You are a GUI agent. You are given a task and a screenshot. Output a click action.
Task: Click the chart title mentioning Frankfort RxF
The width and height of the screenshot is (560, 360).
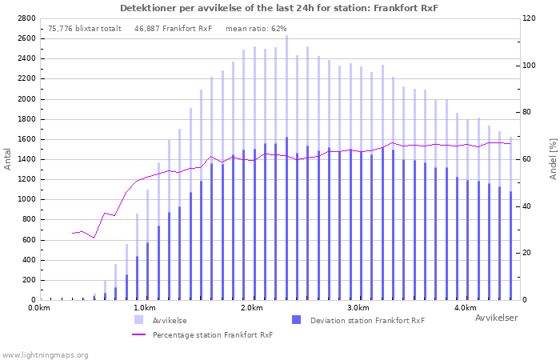pos(279,8)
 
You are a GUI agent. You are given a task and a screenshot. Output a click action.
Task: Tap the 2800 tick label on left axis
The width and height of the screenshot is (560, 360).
pos(26,18)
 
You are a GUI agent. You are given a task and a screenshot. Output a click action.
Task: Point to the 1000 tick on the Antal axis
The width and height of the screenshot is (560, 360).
pos(26,200)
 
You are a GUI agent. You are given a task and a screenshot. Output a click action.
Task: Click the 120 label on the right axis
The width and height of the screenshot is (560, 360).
pos(529,18)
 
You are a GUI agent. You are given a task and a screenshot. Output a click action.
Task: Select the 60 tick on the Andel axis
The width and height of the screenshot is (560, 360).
pos(526,159)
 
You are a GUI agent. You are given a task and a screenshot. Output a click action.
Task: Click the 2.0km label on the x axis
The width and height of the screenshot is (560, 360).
pos(252,308)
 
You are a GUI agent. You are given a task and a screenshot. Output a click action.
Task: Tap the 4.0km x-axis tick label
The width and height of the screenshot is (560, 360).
pos(466,308)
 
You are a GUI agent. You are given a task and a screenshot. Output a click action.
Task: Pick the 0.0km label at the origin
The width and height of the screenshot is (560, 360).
pos(39,308)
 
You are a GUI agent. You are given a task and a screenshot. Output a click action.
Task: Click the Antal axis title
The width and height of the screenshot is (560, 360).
pos(7,159)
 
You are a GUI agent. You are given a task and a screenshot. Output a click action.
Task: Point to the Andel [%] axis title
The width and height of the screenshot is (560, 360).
pos(553,159)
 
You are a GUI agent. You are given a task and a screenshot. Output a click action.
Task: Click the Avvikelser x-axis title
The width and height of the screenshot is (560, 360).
pos(497,318)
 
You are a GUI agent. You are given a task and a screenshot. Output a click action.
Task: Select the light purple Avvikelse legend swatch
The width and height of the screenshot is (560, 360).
pos(139,320)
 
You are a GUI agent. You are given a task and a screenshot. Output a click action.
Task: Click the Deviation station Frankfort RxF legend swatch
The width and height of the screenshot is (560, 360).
pos(297,320)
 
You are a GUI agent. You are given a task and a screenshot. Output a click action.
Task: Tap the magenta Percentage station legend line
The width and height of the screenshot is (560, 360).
pos(139,334)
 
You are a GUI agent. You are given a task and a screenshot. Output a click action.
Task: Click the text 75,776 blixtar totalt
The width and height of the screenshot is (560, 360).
pos(85,29)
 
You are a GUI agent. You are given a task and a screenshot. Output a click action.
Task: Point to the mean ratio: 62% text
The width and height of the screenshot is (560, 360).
pos(256,29)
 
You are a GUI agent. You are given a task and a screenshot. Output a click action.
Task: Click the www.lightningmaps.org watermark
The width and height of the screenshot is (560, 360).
pos(45,355)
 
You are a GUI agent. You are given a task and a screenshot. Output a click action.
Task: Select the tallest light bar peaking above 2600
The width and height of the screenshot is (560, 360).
pos(286,167)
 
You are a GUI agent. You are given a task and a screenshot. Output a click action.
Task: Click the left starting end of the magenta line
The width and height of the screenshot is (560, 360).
pos(73,234)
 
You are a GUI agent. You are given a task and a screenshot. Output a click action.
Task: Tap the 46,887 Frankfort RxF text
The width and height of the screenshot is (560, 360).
pos(174,29)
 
